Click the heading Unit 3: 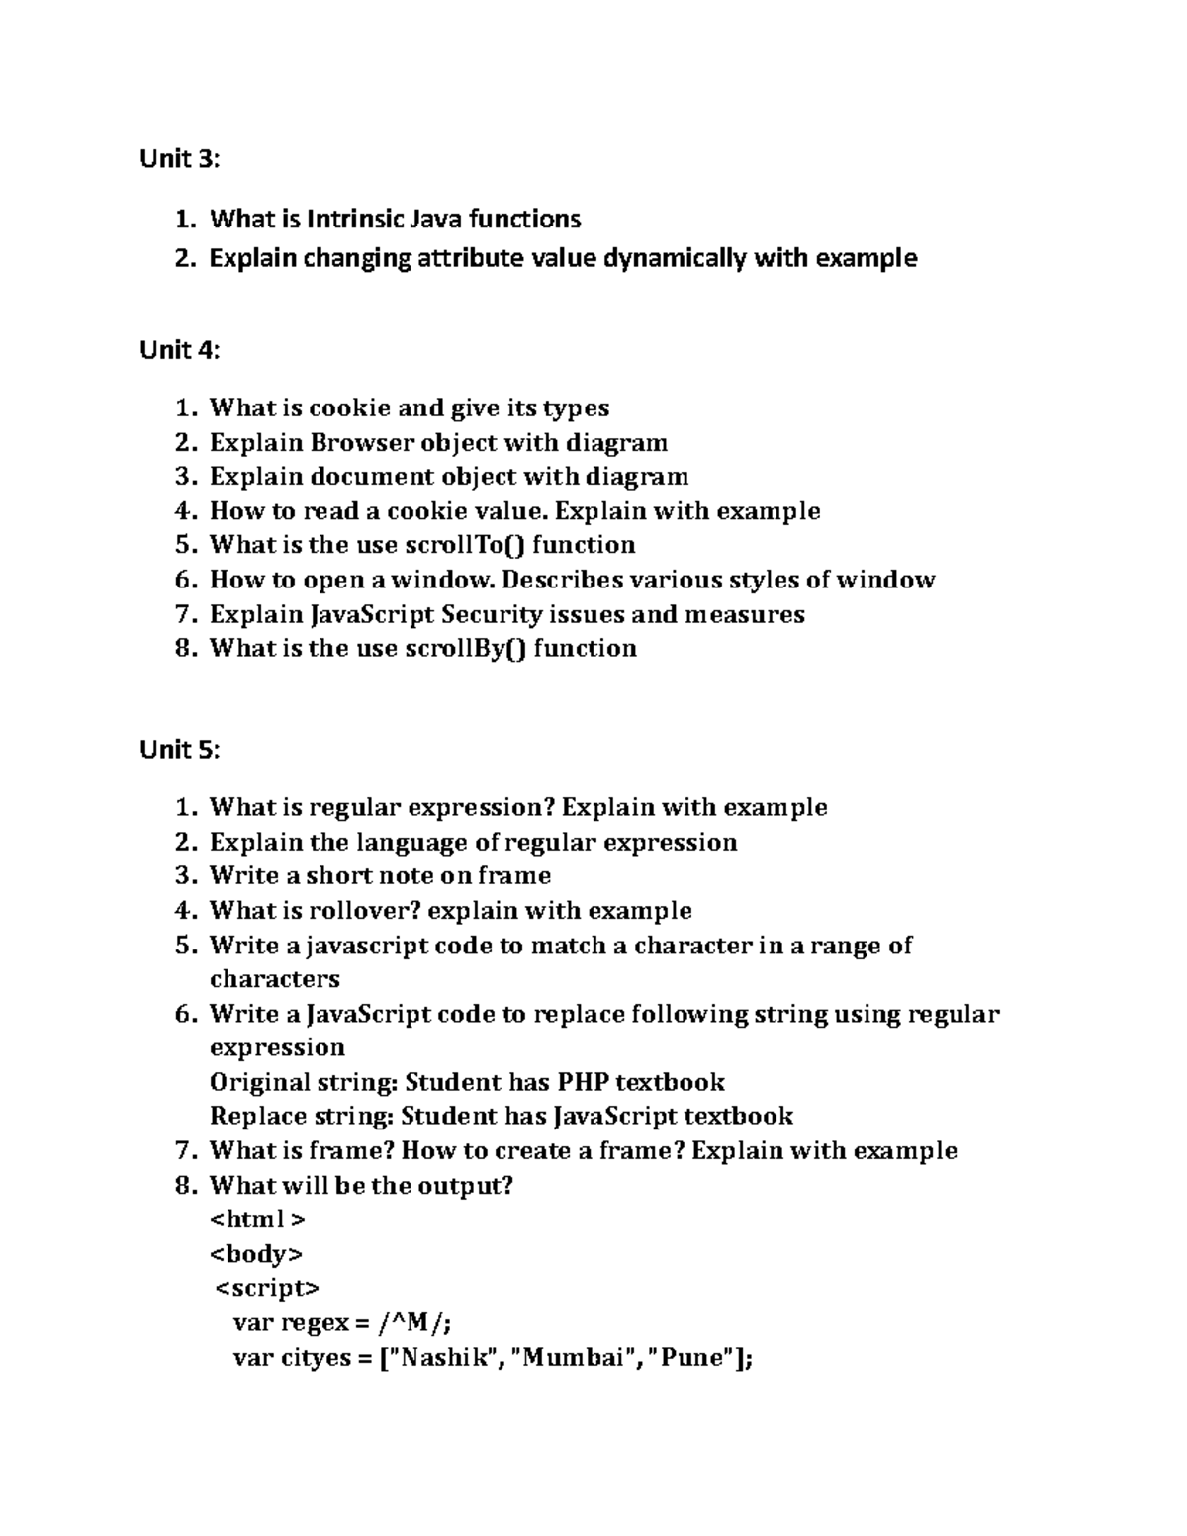[179, 159]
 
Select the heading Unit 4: [179, 350]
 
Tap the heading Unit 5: [179, 750]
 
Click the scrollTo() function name [465, 545]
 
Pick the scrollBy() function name [465, 648]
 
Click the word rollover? [364, 910]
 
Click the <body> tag [255, 1254]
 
